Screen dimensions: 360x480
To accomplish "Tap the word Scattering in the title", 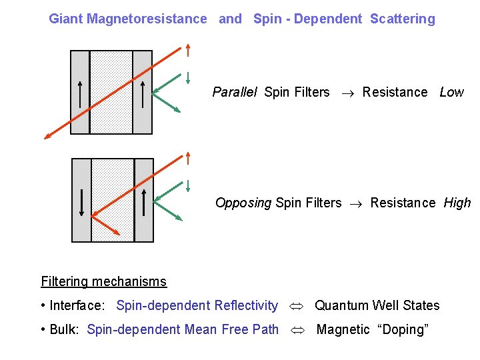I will pyautogui.click(x=402, y=19).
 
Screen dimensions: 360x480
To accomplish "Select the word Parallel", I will pyautogui.click(x=235, y=92).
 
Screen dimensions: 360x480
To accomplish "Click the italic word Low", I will pyautogui.click(x=451, y=92).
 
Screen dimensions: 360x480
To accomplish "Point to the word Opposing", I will pyautogui.click(x=243, y=203).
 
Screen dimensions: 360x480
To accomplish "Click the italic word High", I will pyautogui.click(x=457, y=203).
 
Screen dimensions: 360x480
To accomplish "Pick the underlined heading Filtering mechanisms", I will pyautogui.click(x=103, y=281).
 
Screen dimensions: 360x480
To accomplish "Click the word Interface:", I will pyautogui.click(x=77, y=305).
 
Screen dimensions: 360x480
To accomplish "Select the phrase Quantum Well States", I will pyautogui.click(x=377, y=305).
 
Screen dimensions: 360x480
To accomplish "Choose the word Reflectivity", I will pyautogui.click(x=246, y=305).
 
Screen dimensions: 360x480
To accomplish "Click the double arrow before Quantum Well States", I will pyautogui.click(x=296, y=306).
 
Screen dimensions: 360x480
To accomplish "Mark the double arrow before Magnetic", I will pyautogui.click(x=297, y=330).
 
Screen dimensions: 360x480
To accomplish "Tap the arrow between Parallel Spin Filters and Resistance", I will pyautogui.click(x=346, y=93).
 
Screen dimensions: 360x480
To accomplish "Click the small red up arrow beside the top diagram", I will pyautogui.click(x=189, y=50).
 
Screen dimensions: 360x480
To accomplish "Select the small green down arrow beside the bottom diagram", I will pyautogui.click(x=189, y=185).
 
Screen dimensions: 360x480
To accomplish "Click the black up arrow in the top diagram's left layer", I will pyautogui.click(x=80, y=93).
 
